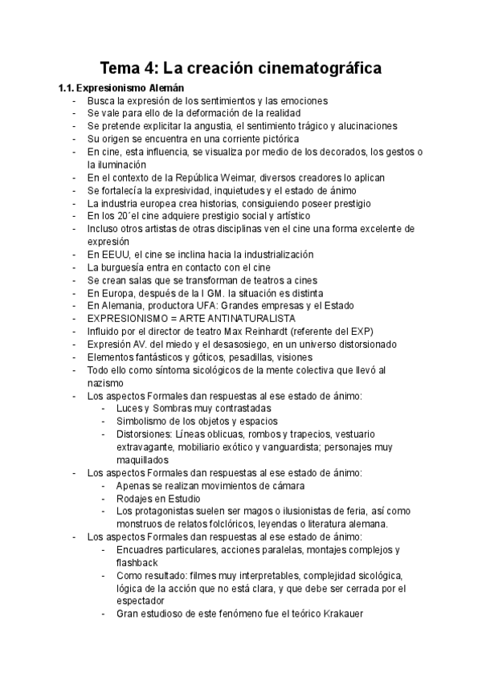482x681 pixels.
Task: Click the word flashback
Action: pyautogui.click(x=138, y=563)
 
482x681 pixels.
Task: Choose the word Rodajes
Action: pyautogui.click(x=136, y=499)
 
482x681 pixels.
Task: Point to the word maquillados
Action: pyautogui.click(x=143, y=460)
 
